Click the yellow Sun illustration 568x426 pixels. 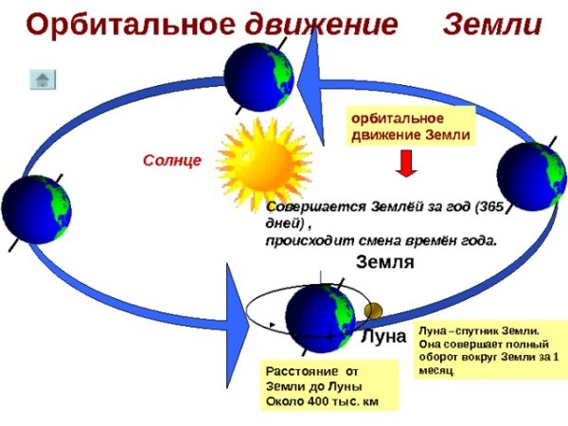click(253, 155)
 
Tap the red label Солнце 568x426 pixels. click(171, 162)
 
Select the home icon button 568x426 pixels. click(43, 80)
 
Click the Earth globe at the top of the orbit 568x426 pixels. click(259, 80)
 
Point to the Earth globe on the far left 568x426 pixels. click(36, 210)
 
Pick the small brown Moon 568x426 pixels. click(372, 311)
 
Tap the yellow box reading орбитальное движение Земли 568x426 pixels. click(410, 127)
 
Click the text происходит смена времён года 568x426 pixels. click(381, 240)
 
